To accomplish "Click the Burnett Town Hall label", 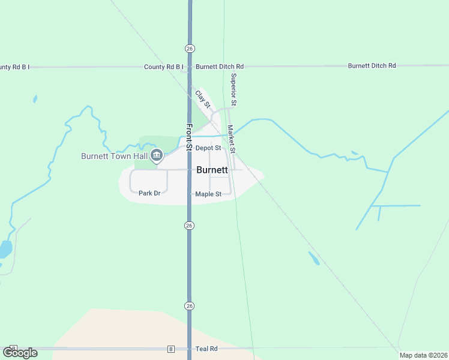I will point(114,156).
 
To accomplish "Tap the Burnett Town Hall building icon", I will point(157,156).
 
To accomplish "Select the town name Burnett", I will point(212,170).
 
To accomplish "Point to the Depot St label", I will point(208,148).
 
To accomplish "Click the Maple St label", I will point(208,194).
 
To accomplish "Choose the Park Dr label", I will point(149,193).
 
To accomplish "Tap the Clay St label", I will point(202,99).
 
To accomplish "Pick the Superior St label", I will point(234,90).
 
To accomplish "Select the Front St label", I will point(188,137).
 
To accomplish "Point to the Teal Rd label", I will point(205,349).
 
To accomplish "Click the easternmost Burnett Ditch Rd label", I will point(372,65).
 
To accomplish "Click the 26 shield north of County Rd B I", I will point(190,47).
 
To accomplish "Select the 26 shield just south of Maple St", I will point(189,225).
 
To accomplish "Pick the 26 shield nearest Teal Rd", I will point(189,305).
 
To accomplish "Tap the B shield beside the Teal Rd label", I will point(170,349).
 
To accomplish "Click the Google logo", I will point(20,352).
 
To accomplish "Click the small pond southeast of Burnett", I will point(313,258).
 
